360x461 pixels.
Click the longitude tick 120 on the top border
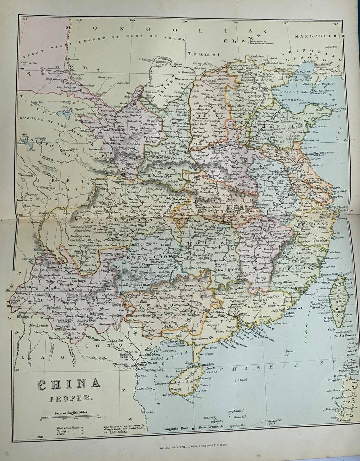pyautogui.click(x=285, y=24)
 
